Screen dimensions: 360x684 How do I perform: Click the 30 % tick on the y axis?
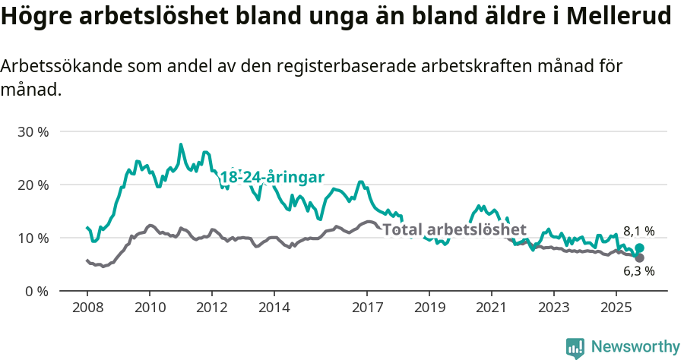click(33, 131)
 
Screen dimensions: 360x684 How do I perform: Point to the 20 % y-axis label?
click(33, 185)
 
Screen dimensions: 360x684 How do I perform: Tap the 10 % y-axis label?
click(33, 238)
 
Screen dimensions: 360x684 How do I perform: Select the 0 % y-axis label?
click(36, 291)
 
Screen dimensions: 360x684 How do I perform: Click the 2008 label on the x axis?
click(87, 308)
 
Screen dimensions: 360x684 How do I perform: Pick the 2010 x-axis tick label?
click(150, 308)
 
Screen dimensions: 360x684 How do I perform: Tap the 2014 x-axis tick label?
click(274, 308)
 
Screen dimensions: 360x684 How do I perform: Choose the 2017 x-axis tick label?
click(367, 308)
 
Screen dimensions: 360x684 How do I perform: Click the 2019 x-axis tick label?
click(429, 308)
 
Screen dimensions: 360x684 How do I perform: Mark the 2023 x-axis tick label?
click(553, 308)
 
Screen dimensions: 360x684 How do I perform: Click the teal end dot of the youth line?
click(640, 248)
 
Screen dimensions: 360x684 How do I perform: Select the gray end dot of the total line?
click(639, 258)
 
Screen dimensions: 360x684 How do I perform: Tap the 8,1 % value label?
click(638, 231)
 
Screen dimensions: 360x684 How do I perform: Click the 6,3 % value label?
click(638, 271)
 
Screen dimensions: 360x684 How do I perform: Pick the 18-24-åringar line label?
click(272, 177)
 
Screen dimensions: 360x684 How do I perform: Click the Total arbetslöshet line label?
click(454, 229)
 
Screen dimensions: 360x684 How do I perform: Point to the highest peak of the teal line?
click(181, 144)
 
